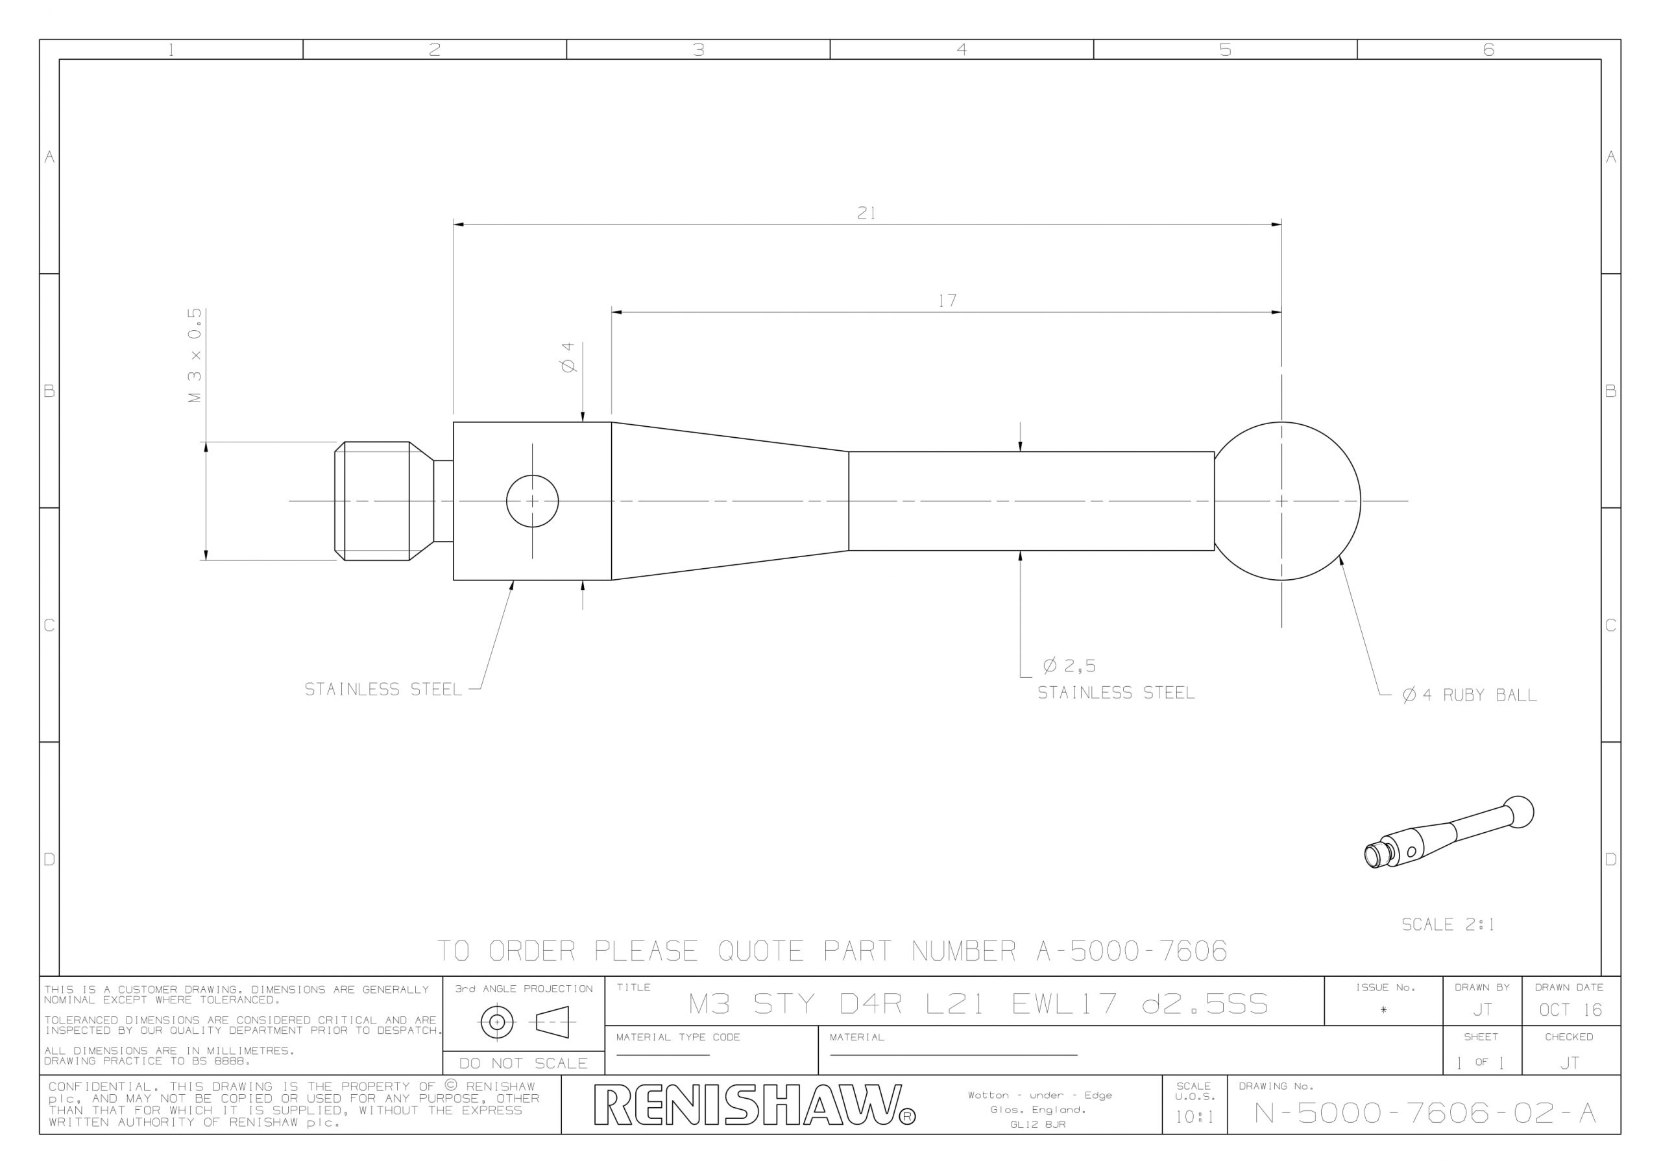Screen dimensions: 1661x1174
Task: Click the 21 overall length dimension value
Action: coord(866,213)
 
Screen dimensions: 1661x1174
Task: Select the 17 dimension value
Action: coord(947,301)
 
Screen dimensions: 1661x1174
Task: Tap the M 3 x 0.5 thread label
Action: coord(195,356)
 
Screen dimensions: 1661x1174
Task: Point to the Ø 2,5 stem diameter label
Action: coord(1069,665)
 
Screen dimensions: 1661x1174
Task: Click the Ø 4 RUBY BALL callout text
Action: coord(1470,695)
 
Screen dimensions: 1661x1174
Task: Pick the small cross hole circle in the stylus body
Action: coord(533,501)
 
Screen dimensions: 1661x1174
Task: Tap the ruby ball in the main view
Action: coord(1287,501)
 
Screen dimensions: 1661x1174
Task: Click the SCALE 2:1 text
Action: coord(1448,924)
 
